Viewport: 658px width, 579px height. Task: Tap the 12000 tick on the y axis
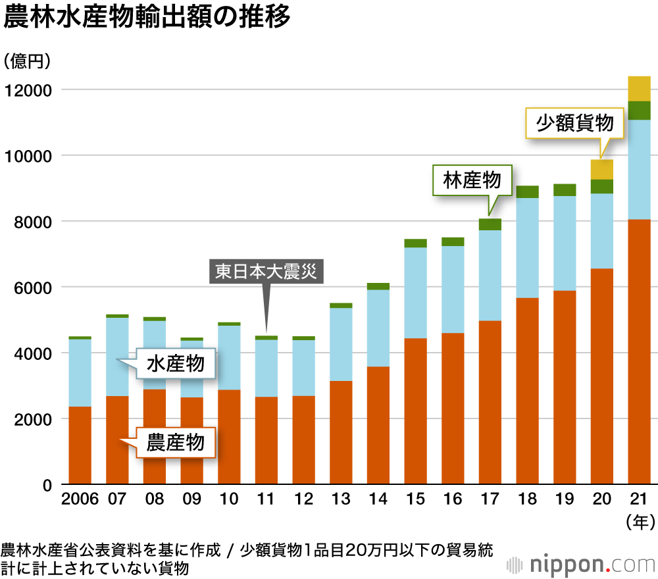28,90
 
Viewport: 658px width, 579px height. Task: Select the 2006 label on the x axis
80,499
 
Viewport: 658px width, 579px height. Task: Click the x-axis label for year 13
341,499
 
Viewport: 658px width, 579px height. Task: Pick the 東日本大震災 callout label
266,272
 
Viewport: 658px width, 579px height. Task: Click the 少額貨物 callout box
574,123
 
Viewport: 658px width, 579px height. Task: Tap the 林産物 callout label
472,180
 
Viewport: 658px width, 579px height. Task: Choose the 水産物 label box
175,364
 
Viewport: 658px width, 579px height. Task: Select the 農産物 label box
175,443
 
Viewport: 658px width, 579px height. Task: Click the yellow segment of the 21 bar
639,88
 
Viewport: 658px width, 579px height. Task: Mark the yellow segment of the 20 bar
602,169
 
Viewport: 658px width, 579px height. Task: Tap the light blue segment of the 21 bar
639,169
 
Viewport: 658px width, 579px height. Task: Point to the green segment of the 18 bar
527,191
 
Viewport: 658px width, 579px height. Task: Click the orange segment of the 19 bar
565,388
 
